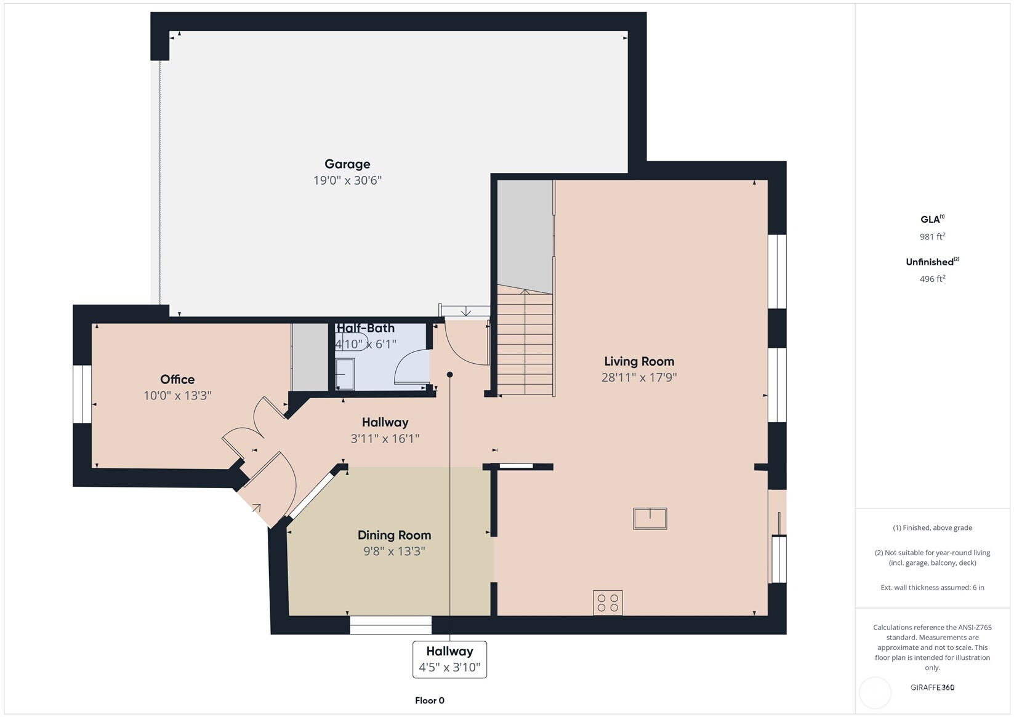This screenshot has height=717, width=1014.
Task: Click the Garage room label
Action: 347,164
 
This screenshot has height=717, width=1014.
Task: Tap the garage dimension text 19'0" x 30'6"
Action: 348,180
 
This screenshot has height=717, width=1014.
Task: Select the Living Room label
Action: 639,361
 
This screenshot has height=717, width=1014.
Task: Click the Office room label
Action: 177,379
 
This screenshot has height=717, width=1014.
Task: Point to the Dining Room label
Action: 394,535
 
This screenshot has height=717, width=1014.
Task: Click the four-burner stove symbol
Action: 608,603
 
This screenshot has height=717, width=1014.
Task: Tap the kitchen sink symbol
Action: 650,519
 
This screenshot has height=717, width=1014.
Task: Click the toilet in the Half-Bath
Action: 352,342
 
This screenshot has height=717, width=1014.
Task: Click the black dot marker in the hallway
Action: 449,374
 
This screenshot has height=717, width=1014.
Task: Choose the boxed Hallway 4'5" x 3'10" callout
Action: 449,659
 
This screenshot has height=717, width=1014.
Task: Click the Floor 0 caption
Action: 430,700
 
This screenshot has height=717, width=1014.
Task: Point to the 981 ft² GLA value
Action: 932,236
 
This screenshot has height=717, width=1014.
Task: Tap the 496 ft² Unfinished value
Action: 932,279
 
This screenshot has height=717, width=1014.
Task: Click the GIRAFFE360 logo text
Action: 932,687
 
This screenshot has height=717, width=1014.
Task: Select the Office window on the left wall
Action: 82,395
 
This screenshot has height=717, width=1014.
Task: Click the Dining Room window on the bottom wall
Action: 391,625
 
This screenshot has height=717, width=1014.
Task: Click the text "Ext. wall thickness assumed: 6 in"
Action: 932,588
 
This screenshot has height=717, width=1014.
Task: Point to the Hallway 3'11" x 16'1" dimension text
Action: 385,439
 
